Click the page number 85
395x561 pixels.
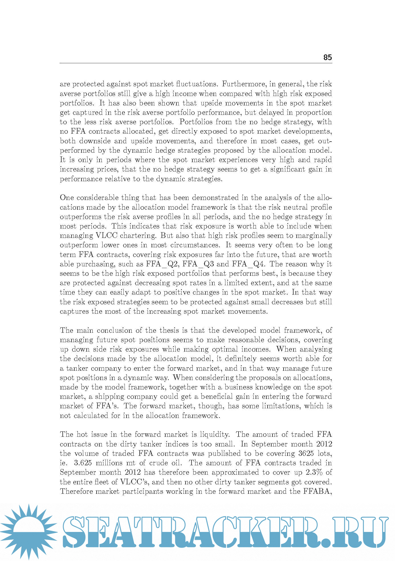pos(327,58)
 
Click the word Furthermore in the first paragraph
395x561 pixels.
pos(245,84)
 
